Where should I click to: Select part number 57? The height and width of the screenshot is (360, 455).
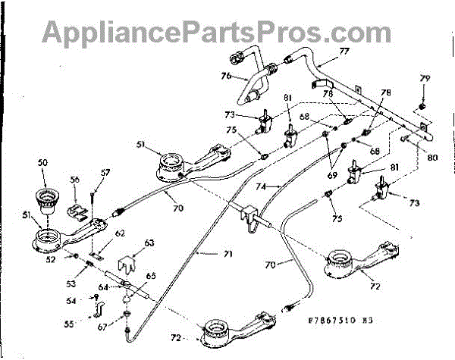coord(105,173)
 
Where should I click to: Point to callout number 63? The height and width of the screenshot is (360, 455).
coord(149,243)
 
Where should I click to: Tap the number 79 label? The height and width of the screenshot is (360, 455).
coord(425,78)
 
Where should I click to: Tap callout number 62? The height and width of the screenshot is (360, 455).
coord(120,234)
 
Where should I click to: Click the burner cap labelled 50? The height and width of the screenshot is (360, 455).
coord(48,198)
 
